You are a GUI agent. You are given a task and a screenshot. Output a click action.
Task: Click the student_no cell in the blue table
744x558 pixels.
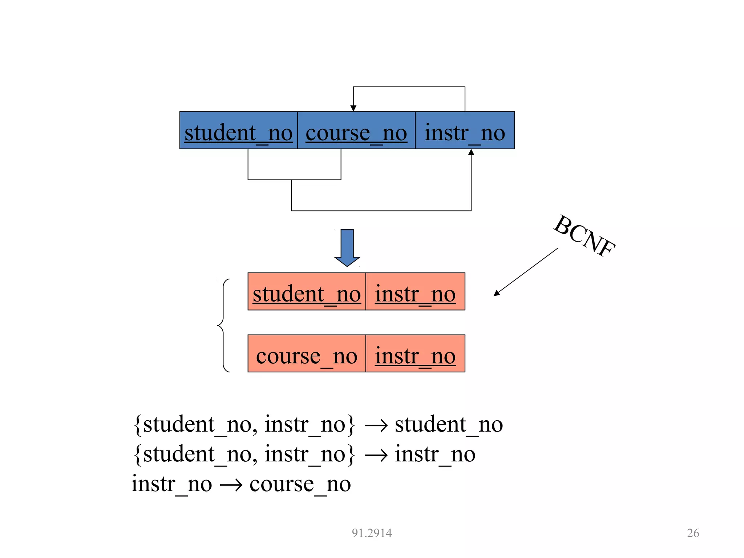239,131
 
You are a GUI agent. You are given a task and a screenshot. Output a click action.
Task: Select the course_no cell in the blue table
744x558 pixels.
356,131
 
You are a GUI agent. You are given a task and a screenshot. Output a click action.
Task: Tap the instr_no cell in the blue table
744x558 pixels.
465,131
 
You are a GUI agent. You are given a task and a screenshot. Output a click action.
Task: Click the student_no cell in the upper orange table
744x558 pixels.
307,292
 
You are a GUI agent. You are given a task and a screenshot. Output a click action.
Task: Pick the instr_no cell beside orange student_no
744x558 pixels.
415,292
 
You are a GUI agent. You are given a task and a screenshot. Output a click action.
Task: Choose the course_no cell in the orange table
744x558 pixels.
307,354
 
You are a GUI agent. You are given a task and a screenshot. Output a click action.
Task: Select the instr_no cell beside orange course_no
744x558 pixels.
415,354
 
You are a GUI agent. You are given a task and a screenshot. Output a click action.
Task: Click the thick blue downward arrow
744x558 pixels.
347,247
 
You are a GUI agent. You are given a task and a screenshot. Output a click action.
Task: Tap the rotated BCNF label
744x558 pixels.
584,236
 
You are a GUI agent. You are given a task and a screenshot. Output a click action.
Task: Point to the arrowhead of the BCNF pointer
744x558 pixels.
497,294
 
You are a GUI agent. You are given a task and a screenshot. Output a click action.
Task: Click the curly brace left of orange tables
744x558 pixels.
222,325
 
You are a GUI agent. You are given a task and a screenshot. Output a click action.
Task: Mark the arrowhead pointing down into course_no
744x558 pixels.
353,108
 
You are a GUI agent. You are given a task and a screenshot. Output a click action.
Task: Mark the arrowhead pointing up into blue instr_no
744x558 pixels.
471,152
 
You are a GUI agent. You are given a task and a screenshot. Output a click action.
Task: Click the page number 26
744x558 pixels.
693,533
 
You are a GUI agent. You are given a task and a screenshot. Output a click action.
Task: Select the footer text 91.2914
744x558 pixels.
372,533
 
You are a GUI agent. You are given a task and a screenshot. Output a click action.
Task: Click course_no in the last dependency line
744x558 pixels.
300,484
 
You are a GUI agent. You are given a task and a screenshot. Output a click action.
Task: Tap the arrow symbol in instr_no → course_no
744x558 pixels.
231,485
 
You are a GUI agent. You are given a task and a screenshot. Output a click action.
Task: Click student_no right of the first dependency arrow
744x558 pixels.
449,424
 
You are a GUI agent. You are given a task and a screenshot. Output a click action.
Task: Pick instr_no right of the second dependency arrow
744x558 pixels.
435,454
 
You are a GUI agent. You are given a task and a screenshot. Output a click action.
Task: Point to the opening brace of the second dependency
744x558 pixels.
137,454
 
